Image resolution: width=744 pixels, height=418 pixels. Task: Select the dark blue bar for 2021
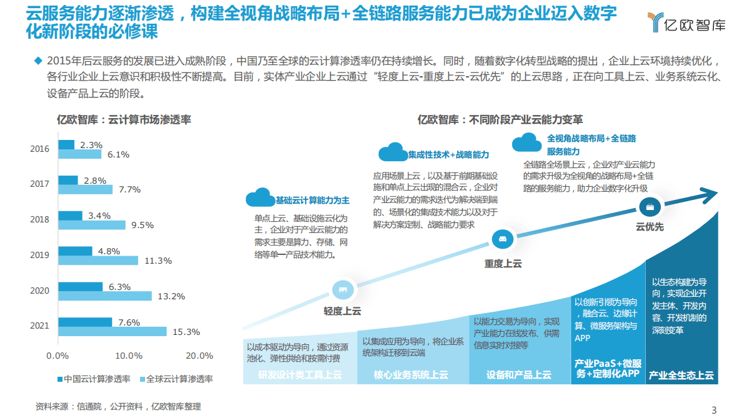pyautogui.click(x=85, y=322)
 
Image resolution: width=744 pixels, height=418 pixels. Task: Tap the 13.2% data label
pyautogui.click(x=171, y=296)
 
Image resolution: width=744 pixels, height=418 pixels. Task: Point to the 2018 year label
pyautogui.click(x=39, y=220)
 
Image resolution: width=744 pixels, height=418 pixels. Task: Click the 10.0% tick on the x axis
pyautogui.click(x=129, y=356)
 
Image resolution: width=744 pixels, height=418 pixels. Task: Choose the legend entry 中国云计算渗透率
pyautogui.click(x=94, y=379)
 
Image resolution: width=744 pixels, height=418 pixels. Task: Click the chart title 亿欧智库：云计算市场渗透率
pyautogui.click(x=124, y=119)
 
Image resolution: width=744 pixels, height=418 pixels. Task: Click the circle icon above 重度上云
pyautogui.click(x=503, y=238)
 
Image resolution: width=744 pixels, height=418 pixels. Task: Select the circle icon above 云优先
pyautogui.click(x=650, y=206)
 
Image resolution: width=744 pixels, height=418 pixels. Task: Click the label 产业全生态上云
pyautogui.click(x=681, y=375)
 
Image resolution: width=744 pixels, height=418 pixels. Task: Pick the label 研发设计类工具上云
pyautogui.click(x=300, y=375)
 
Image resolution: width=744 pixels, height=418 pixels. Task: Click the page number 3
pyautogui.click(x=714, y=409)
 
